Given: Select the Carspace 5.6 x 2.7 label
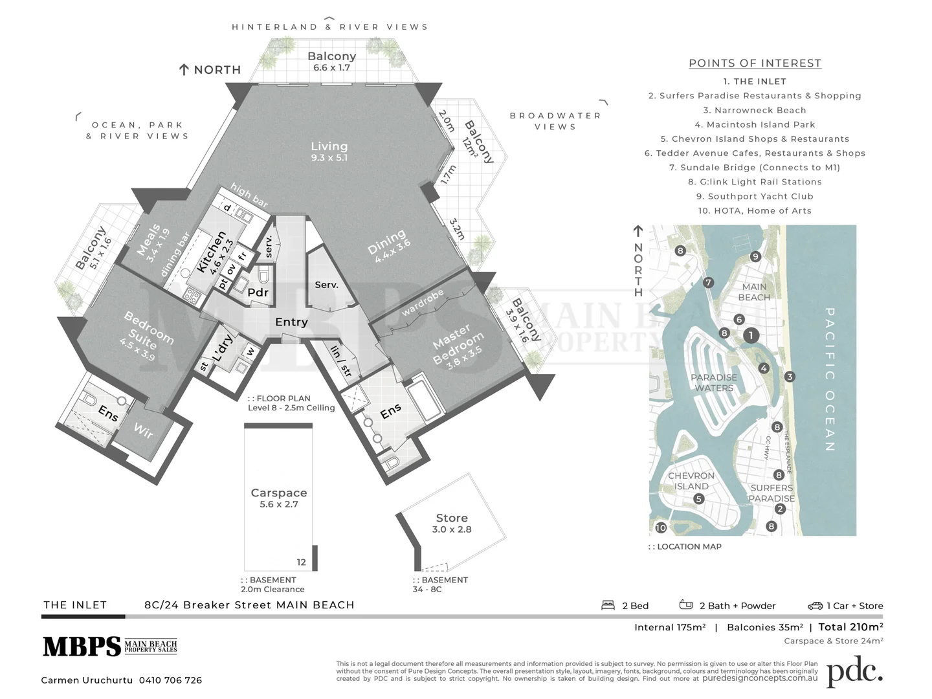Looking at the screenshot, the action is tap(279, 498).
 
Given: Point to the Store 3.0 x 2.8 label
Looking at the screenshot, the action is tap(452, 523).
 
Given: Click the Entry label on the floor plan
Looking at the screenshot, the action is tap(291, 322).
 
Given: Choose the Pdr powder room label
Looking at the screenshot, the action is tap(258, 293).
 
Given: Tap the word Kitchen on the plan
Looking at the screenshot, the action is tap(211, 252).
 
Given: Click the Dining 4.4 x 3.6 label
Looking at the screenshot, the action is tap(389, 246).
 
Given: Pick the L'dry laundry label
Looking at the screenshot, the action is tap(222, 348).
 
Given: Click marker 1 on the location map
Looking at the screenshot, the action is tap(751, 335).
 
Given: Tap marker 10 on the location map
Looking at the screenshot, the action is tap(661, 528).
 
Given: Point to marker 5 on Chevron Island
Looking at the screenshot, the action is tap(698, 499).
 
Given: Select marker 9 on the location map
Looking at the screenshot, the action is tap(755, 256).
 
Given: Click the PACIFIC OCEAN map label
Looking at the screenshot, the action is tap(830, 379).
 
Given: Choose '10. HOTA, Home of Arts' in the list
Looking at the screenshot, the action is tap(755, 210).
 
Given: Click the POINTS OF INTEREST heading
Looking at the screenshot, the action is tap(755, 63).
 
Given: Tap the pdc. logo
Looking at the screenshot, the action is tap(854, 672).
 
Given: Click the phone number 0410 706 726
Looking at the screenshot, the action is tap(170, 680).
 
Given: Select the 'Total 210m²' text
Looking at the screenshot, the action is tap(851, 627).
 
